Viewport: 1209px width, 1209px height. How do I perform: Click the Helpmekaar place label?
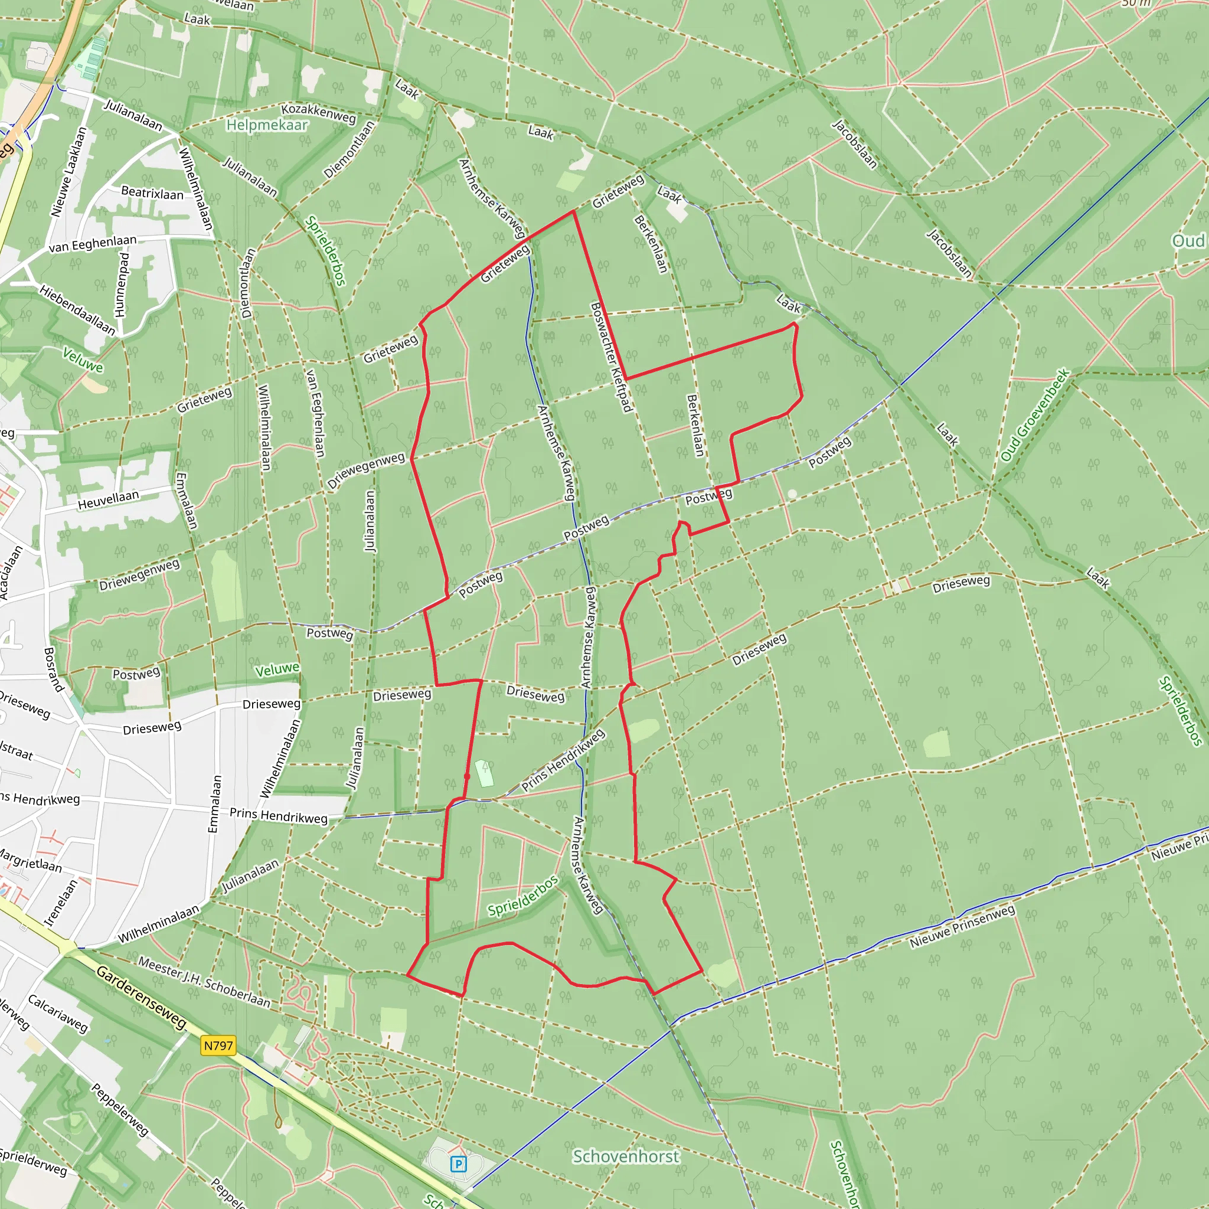(x=267, y=125)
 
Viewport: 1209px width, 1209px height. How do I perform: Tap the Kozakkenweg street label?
(x=319, y=113)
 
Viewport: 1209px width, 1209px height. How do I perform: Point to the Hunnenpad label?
(x=122, y=285)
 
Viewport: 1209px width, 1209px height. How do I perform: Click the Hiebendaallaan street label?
(x=77, y=310)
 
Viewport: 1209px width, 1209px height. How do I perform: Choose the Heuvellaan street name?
(x=108, y=501)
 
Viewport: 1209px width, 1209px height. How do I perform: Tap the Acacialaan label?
(x=11, y=573)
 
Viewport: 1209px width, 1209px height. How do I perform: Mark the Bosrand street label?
(x=54, y=669)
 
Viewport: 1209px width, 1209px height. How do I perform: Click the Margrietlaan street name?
(x=30, y=861)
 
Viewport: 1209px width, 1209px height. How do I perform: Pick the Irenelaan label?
(x=61, y=903)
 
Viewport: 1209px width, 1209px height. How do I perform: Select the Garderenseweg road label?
(x=142, y=998)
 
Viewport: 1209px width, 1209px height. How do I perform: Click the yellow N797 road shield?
(x=218, y=1045)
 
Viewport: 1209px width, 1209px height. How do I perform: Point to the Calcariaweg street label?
(x=58, y=1013)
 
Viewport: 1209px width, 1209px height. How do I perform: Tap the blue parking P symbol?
(x=458, y=1164)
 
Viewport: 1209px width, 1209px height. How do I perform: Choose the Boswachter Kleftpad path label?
(x=611, y=357)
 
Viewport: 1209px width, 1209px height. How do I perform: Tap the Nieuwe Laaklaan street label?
(x=68, y=172)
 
